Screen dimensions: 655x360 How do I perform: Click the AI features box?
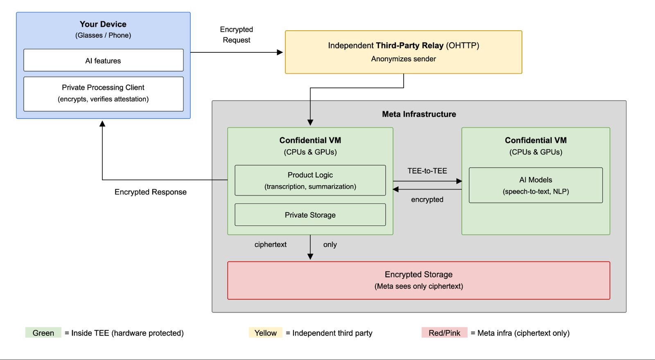pos(104,60)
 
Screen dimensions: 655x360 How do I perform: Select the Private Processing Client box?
pos(104,94)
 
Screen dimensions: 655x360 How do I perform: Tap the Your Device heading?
pos(103,24)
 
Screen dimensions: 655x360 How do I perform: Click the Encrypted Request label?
pos(236,35)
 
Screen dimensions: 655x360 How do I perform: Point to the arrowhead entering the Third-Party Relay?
pos(280,52)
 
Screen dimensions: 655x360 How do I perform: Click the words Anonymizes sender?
pos(404,59)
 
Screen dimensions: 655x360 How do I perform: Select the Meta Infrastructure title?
pos(419,114)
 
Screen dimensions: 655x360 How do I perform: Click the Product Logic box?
pos(310,180)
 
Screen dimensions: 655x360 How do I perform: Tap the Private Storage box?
pos(310,215)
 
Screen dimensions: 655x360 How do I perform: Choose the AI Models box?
pos(536,185)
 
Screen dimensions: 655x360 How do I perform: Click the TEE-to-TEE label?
pos(427,171)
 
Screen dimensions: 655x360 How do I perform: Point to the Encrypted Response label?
pos(150,192)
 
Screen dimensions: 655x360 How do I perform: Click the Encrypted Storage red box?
pos(419,281)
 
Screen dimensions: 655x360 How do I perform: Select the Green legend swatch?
pos(43,333)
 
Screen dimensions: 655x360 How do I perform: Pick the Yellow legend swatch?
pos(266,333)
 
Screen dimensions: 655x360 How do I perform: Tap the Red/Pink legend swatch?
pos(445,333)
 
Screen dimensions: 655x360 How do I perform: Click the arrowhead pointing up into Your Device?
pos(102,124)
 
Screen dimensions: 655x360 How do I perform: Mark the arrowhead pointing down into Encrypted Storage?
pos(310,256)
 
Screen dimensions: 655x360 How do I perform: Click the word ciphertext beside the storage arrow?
pos(271,244)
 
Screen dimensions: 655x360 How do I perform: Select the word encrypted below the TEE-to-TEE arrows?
pos(427,199)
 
